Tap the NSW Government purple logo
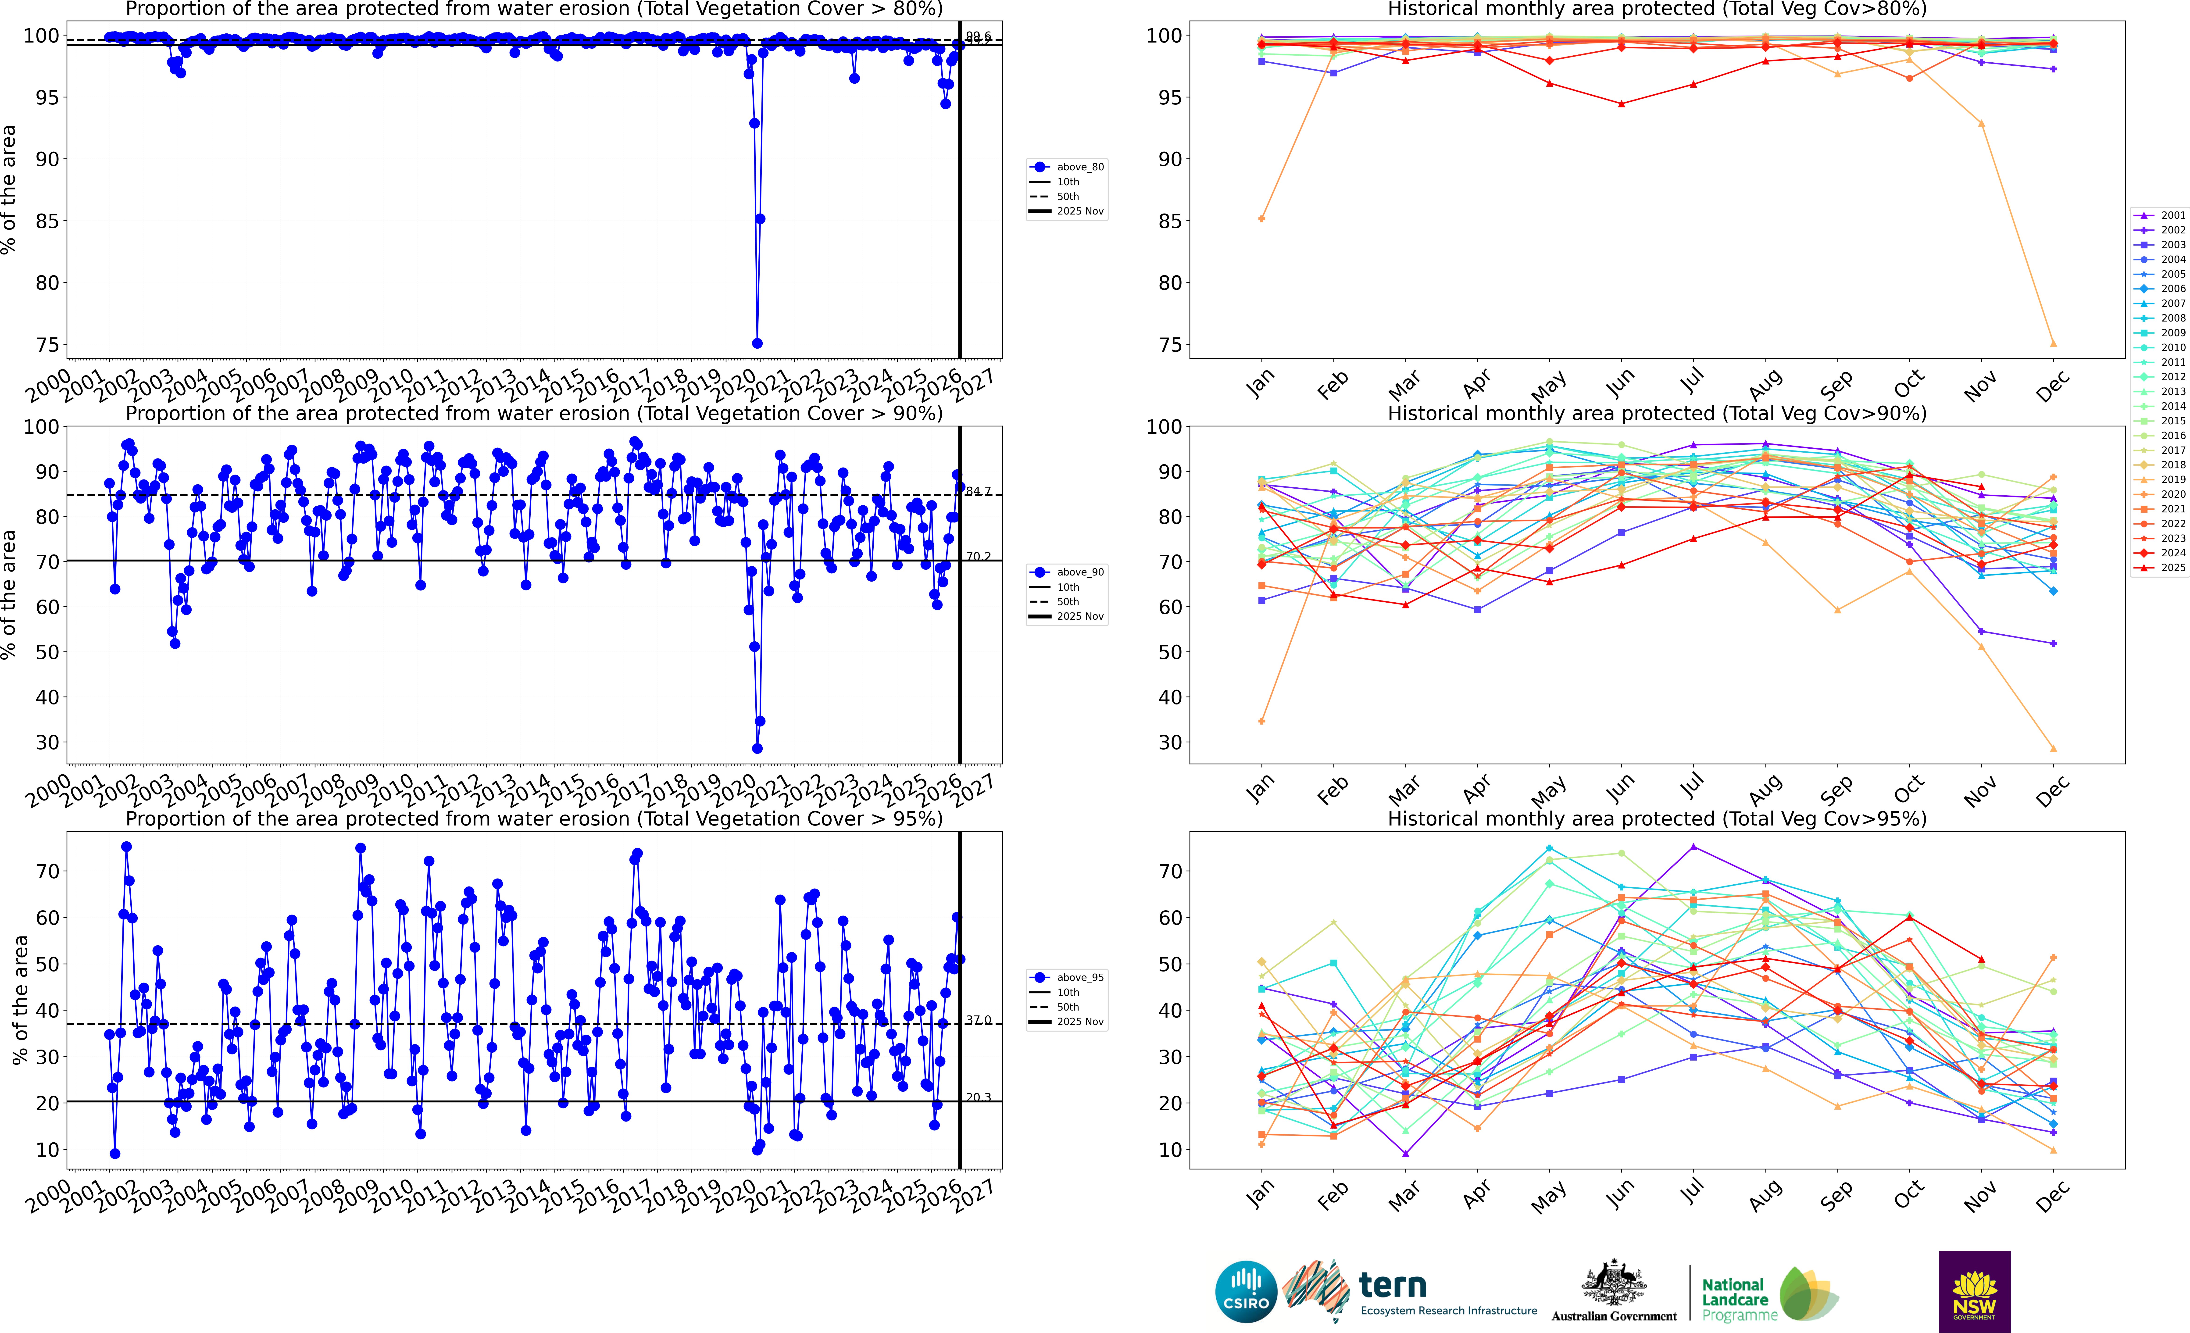click(1974, 1291)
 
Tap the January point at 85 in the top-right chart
click(1261, 219)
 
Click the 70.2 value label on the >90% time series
click(979, 556)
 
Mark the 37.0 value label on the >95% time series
click(979, 1020)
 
